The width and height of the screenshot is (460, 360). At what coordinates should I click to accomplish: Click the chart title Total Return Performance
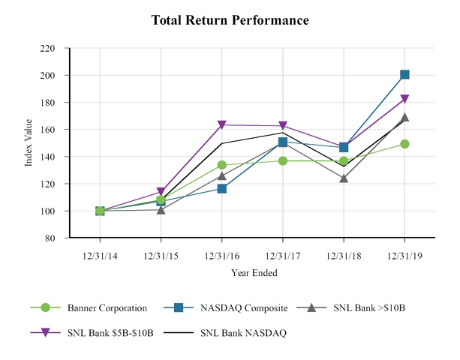coord(230,20)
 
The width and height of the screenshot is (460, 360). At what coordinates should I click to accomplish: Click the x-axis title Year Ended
coord(254,273)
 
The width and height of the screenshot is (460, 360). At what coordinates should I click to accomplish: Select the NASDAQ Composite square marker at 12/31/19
coord(404,74)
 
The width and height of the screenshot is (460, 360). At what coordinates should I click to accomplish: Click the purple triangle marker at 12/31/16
coord(222,125)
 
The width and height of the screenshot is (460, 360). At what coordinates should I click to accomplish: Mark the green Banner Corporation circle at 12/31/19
coord(404,144)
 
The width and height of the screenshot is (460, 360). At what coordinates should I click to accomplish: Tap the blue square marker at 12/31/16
coord(222,188)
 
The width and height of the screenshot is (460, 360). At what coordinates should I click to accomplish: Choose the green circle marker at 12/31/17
coord(283,160)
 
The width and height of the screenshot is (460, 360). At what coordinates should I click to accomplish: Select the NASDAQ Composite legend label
coord(239,307)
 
